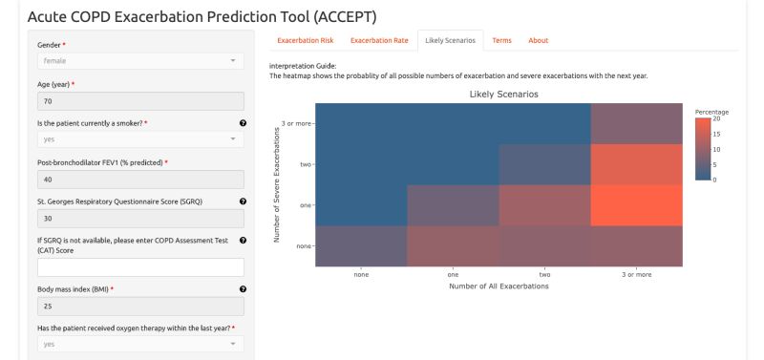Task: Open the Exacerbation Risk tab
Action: coord(305,40)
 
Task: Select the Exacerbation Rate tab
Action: coord(379,40)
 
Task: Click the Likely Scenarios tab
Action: coord(450,40)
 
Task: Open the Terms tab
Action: coord(501,40)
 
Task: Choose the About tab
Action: coord(538,40)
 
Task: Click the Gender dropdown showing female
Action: coord(140,61)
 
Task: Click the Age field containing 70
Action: coord(140,100)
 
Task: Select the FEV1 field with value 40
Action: coord(140,179)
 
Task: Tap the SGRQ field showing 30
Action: coord(140,219)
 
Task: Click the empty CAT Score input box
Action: coord(140,266)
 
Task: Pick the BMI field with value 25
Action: coord(140,306)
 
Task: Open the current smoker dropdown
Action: coord(140,139)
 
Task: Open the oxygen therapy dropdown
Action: coord(140,344)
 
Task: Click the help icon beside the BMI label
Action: coord(243,288)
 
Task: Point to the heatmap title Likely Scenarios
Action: coord(503,95)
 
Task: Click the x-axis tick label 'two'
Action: coord(544,274)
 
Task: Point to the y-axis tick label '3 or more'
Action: coord(294,123)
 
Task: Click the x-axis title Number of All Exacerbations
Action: coord(499,286)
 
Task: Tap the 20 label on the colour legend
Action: coord(716,119)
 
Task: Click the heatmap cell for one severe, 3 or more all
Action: coord(637,205)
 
